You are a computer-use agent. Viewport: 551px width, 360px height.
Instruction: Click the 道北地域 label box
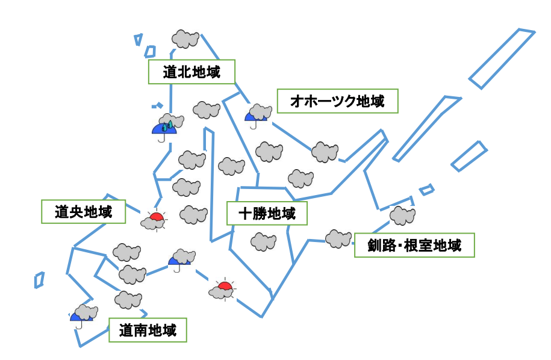pos(191,72)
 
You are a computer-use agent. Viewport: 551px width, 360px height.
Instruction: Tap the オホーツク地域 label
pos(338,101)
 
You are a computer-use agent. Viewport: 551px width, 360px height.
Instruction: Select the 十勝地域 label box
pos(267,214)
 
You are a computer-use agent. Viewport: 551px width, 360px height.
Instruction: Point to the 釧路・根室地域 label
pos(414,245)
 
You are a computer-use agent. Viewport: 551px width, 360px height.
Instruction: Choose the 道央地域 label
pos(83,212)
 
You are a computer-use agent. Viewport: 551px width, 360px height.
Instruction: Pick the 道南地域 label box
pos(148,331)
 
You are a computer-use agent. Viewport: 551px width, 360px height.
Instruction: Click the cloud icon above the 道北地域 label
pos(185,39)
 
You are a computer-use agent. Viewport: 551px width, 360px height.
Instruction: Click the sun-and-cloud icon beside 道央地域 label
pos(154,221)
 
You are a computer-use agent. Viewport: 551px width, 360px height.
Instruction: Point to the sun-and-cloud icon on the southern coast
pos(222,290)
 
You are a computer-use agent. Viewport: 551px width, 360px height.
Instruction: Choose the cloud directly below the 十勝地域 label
pos(263,242)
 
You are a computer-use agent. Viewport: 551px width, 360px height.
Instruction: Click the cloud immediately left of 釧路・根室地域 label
pos(338,238)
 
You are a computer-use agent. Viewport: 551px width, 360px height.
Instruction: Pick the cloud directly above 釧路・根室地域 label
pos(402,215)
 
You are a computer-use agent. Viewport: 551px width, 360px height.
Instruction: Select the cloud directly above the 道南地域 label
pos(128,299)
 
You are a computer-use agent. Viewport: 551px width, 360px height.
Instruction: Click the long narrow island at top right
pos(502,58)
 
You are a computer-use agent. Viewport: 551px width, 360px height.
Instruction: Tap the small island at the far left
pos(39,280)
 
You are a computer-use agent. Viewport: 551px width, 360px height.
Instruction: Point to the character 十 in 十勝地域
pos(245,214)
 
